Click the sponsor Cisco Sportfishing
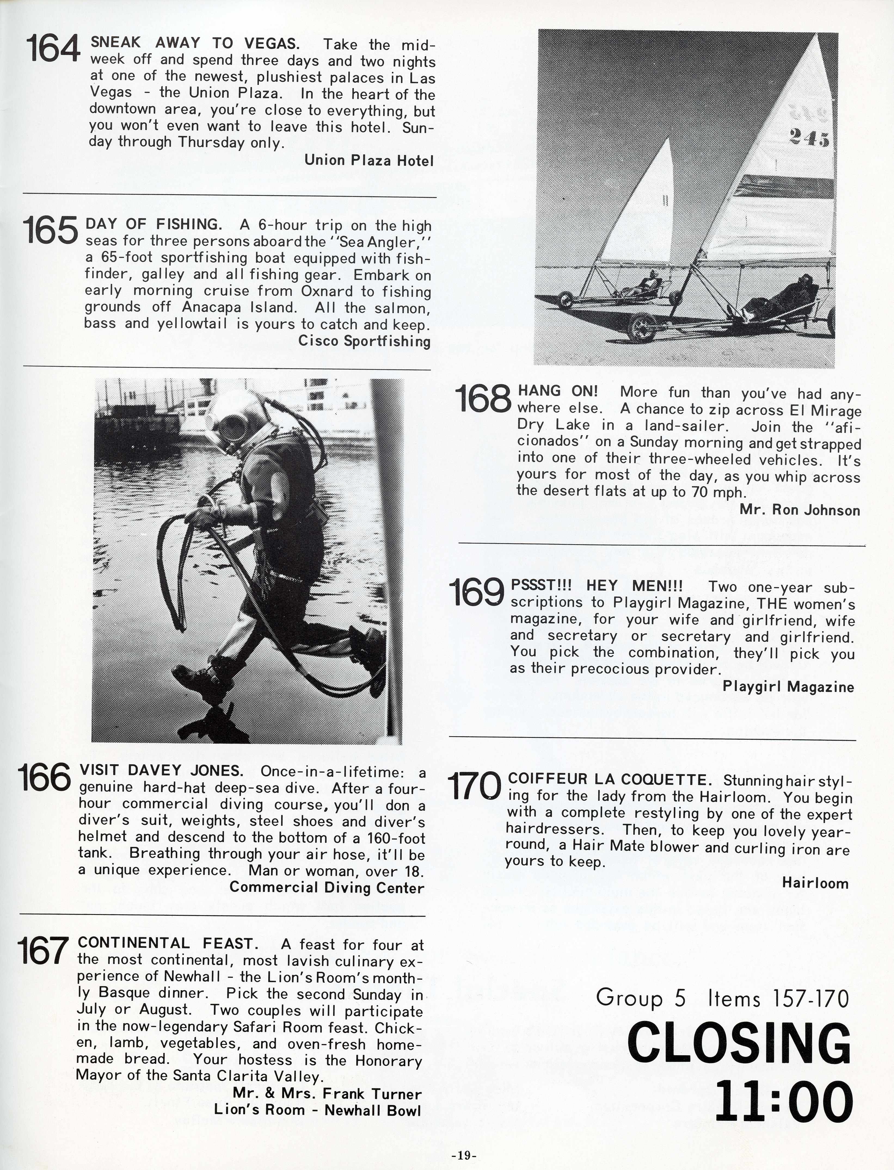[x=364, y=341]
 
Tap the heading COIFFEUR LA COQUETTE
[x=609, y=780]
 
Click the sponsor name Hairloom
[x=815, y=883]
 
